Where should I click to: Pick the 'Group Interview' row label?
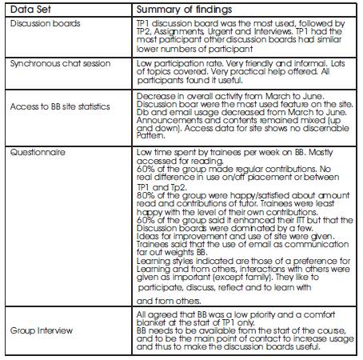(x=38, y=330)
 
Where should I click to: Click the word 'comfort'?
(x=331, y=314)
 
